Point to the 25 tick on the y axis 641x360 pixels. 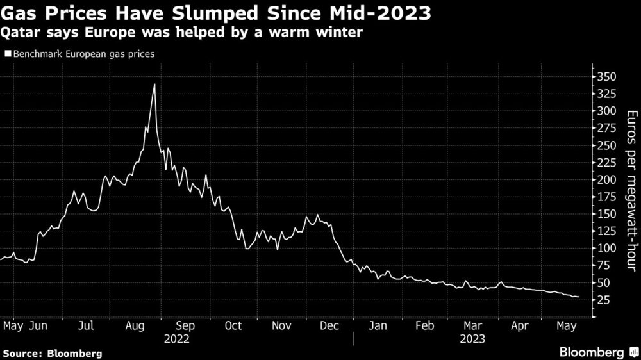click(603, 300)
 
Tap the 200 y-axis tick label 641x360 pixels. click(606, 180)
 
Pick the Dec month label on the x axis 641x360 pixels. click(329, 325)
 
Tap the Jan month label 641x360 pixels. click(378, 325)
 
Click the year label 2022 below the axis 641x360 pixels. click(178, 338)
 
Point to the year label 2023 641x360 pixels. click(473, 338)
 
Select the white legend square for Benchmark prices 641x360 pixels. click(7, 54)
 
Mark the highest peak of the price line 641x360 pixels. click(154, 84)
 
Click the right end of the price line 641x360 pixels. click(579, 297)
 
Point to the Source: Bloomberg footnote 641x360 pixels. click(52, 353)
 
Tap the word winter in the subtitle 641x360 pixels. click(338, 32)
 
